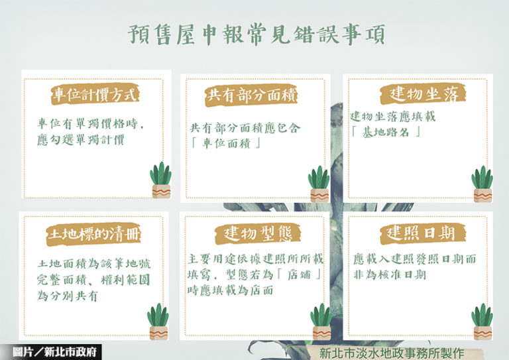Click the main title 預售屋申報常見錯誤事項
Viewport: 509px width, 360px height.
[x=256, y=34]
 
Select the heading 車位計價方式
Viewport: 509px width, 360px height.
[x=95, y=94]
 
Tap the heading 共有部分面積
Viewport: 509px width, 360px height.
[x=252, y=95]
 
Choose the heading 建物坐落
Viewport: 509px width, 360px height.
[x=424, y=94]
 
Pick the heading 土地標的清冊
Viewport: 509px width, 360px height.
[x=93, y=234]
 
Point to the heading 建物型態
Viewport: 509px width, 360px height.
[x=258, y=233]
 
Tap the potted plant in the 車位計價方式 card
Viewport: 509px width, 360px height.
[x=160, y=180]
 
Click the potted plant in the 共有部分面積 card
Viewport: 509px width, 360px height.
[x=319, y=184]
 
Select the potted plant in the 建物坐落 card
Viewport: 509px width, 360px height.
[x=482, y=184]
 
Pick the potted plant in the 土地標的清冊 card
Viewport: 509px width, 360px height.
[x=158, y=322]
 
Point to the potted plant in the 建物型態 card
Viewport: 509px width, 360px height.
[x=321, y=322]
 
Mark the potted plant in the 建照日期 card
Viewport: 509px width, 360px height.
[x=482, y=322]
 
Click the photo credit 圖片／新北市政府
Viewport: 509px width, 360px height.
[x=54, y=352]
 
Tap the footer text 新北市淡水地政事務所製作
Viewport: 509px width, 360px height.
[x=392, y=353]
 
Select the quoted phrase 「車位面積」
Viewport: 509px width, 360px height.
[x=226, y=143]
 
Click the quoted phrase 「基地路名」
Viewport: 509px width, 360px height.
[x=386, y=132]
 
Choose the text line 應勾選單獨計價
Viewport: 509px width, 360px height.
[x=80, y=140]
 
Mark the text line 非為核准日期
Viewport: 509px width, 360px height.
[x=390, y=274]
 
